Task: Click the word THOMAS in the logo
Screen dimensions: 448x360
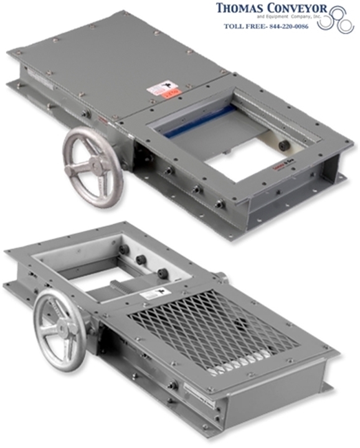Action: (x=239, y=9)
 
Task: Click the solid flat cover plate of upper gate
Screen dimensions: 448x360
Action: (x=118, y=62)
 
